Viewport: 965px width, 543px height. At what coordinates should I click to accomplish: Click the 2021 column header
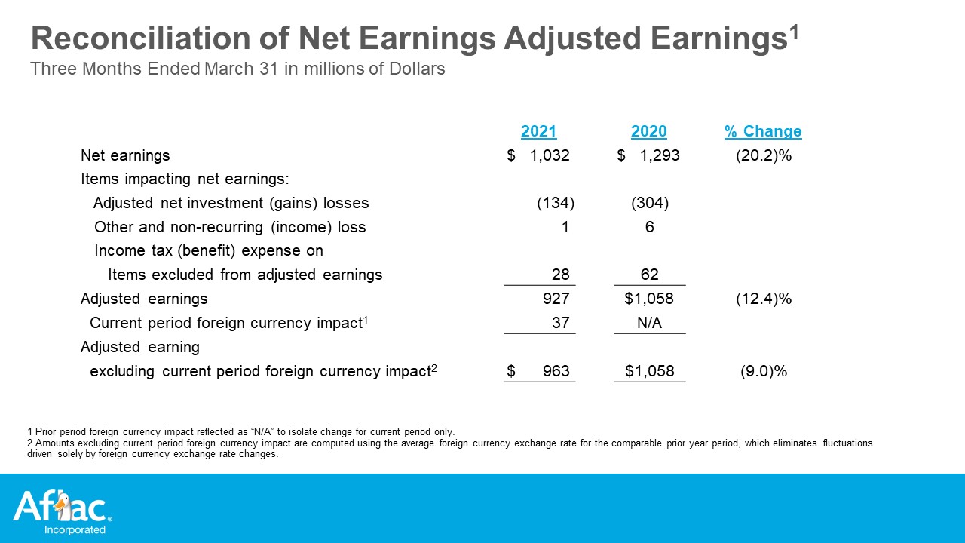[538, 131]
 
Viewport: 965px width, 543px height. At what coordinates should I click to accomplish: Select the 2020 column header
[649, 131]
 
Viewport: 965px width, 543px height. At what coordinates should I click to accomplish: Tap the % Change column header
[763, 131]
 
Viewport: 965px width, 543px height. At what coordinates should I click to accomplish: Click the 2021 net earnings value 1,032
[550, 155]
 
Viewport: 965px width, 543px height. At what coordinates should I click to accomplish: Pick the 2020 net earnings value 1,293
[660, 155]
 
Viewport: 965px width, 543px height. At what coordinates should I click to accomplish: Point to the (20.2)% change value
[764, 155]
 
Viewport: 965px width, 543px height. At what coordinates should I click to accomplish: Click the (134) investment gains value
[556, 203]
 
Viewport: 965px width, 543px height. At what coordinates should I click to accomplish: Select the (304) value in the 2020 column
[650, 203]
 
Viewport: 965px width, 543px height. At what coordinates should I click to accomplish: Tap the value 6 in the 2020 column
[649, 227]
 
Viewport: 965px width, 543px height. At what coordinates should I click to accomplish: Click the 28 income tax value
[560, 275]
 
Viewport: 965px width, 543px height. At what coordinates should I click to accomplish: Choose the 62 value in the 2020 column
[649, 275]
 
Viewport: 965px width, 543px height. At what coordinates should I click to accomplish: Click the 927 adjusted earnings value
[556, 299]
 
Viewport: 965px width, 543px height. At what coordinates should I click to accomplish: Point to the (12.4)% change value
[764, 299]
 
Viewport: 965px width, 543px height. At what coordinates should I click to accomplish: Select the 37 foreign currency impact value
[560, 323]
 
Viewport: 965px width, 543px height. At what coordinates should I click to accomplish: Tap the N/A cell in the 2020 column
[649, 323]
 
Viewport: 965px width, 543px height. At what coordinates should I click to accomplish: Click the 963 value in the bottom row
[556, 371]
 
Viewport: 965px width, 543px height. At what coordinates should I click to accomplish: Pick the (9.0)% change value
[764, 371]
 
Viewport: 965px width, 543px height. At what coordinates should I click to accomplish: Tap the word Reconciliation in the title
[140, 38]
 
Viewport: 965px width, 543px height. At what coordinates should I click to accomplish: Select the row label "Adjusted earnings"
[144, 299]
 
